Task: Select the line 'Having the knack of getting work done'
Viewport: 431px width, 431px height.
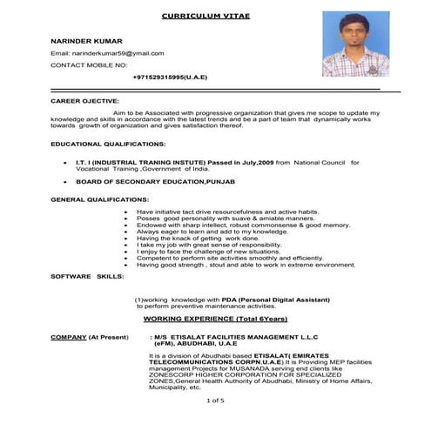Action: coord(199,239)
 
